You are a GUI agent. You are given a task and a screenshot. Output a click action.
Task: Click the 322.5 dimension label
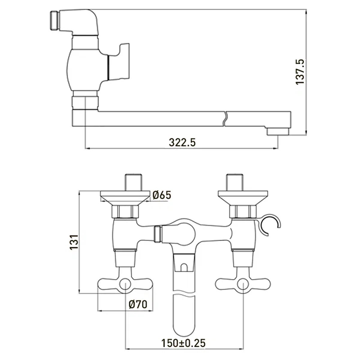(182, 142)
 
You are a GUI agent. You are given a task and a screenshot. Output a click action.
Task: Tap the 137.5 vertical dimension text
(300, 72)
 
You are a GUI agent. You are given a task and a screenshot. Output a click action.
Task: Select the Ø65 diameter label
(162, 195)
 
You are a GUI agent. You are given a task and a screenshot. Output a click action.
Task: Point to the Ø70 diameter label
(138, 304)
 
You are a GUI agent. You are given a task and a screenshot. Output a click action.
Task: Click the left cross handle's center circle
(125, 284)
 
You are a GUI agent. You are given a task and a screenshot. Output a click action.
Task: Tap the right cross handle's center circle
(243, 284)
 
